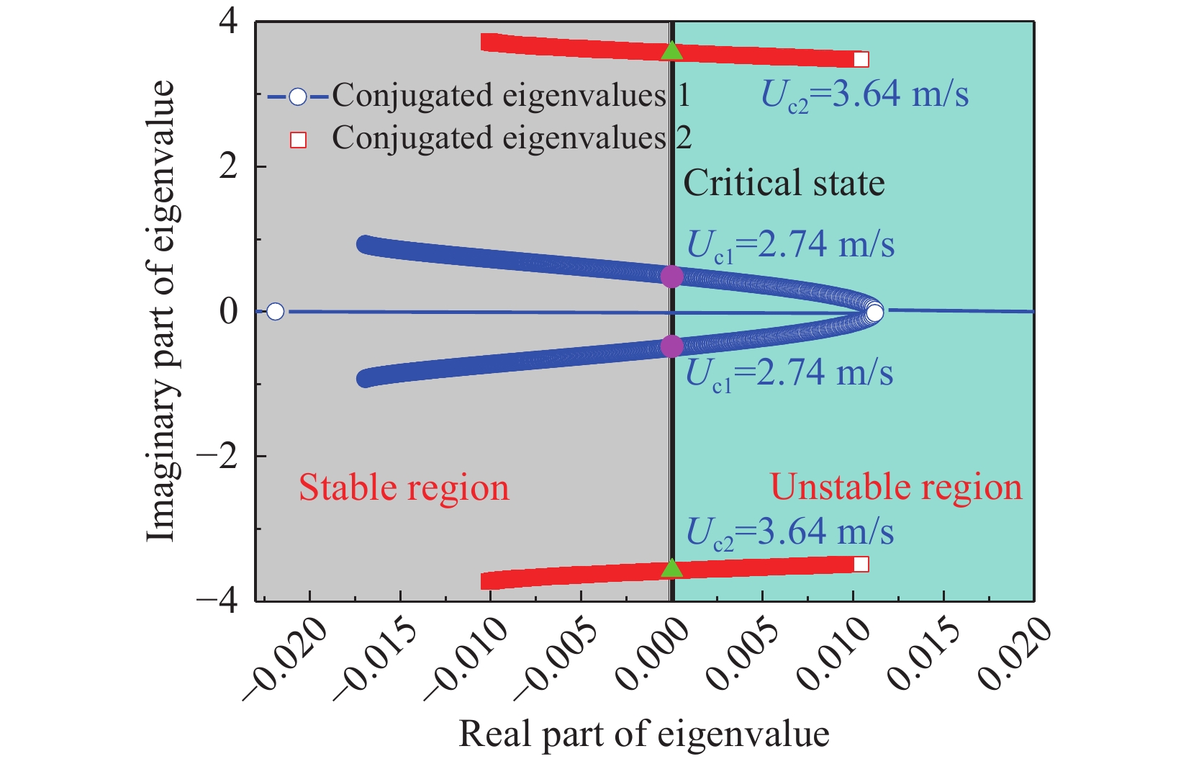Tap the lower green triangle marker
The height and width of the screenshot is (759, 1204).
[671, 569]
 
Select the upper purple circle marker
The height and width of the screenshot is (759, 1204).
[671, 277]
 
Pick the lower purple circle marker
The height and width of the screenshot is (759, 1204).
[671, 346]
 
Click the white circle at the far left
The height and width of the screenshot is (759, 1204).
[275, 311]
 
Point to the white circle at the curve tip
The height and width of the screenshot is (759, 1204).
[874, 313]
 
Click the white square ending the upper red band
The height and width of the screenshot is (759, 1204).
[861, 59]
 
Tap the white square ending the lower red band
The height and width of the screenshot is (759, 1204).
[861, 564]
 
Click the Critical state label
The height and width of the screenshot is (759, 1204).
[784, 183]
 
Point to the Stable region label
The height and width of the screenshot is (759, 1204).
[404, 488]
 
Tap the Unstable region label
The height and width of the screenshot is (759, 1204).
[896, 488]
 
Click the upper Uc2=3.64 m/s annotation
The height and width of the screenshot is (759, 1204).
[864, 95]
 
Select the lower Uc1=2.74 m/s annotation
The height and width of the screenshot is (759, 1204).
[789, 373]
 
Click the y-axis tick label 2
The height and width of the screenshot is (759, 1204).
[228, 166]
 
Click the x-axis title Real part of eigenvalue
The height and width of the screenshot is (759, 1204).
[644, 735]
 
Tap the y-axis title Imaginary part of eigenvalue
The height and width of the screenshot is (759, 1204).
[160, 310]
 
